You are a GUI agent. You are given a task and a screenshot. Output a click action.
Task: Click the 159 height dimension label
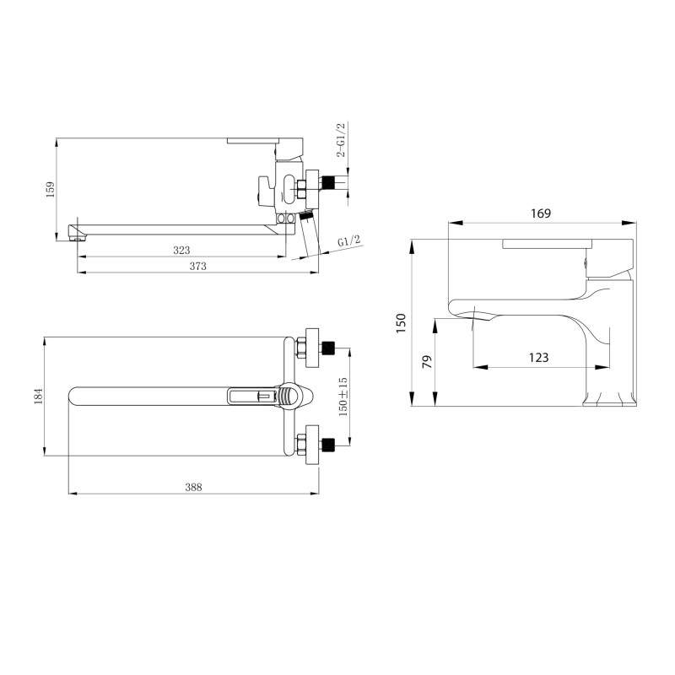click(x=51, y=189)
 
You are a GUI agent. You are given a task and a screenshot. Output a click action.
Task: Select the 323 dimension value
click(x=181, y=250)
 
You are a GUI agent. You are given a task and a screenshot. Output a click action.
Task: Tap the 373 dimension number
click(x=198, y=266)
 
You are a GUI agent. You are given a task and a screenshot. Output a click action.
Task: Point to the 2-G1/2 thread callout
click(x=341, y=140)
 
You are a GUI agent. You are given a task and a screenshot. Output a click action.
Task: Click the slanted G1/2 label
click(x=349, y=241)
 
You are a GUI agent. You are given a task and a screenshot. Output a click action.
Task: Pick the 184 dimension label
click(x=39, y=396)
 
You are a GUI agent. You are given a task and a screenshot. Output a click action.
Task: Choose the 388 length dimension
click(x=193, y=488)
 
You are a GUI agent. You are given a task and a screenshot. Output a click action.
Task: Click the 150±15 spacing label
click(x=343, y=397)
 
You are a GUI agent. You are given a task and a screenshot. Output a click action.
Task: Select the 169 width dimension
click(x=541, y=213)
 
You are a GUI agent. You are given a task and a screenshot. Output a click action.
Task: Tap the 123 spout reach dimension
click(x=538, y=357)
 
